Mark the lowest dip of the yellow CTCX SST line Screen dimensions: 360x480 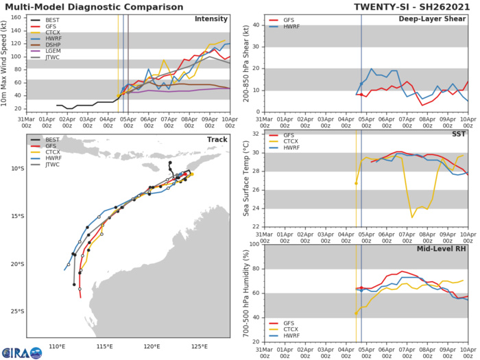(x=412, y=217)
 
